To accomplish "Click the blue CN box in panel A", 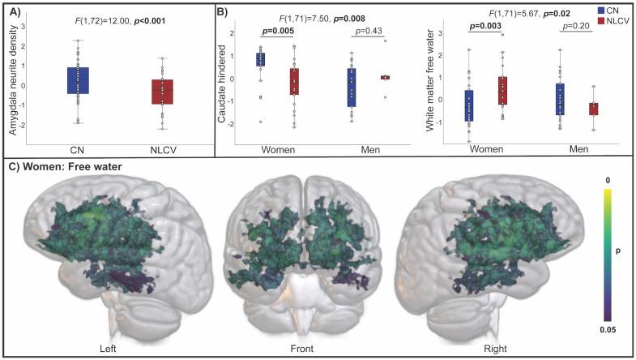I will pos(78,80).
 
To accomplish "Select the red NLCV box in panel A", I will pos(162,92).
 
